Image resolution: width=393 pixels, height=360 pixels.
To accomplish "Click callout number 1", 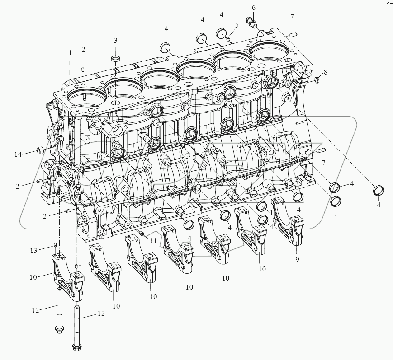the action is [70, 53].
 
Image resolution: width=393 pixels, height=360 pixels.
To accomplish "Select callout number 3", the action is [115, 40].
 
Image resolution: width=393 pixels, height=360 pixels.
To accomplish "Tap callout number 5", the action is [237, 25].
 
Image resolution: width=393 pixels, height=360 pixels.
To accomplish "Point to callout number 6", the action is [254, 8].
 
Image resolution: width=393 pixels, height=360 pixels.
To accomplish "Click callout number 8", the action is [325, 72].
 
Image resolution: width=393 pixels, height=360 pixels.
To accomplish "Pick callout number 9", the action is [297, 260].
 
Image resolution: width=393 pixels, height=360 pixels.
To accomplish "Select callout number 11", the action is [153, 241].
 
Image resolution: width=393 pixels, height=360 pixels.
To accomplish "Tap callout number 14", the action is [18, 154].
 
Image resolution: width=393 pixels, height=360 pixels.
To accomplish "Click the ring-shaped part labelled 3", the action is [115, 59].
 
